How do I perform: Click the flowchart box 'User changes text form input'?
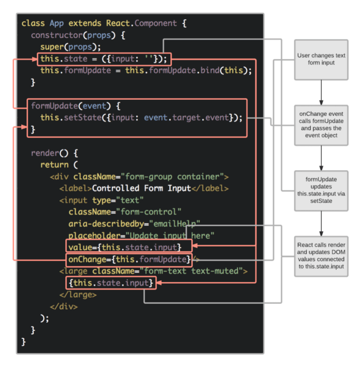321,59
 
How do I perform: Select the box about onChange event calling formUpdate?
321,124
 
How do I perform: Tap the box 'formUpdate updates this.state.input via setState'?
321,190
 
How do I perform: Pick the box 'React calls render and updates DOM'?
321,256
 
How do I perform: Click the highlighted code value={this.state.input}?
128,246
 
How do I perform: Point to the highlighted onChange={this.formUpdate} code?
129,258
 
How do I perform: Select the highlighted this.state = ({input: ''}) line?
104,59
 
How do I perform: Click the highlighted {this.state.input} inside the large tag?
110,283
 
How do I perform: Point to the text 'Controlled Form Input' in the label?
141,188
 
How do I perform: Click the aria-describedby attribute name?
106,224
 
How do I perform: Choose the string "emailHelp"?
175,224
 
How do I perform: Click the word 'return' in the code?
55,165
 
